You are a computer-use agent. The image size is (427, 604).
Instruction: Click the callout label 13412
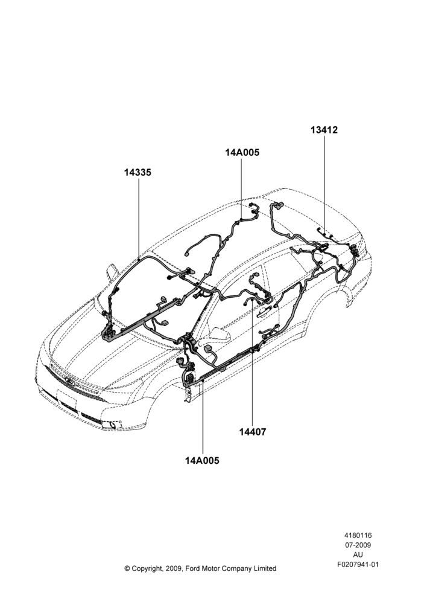pos(324,130)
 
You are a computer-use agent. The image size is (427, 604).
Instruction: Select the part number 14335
pos(138,172)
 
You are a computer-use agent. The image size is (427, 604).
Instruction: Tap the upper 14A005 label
pos(242,152)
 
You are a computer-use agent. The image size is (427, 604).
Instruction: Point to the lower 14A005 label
pos(202,460)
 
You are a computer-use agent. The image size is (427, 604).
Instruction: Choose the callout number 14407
pos(252,432)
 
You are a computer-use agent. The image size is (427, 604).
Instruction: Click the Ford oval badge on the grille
pos(70,382)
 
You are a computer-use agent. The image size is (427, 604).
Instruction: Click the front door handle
pos(265,309)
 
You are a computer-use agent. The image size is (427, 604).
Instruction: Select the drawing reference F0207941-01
pos(358,564)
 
